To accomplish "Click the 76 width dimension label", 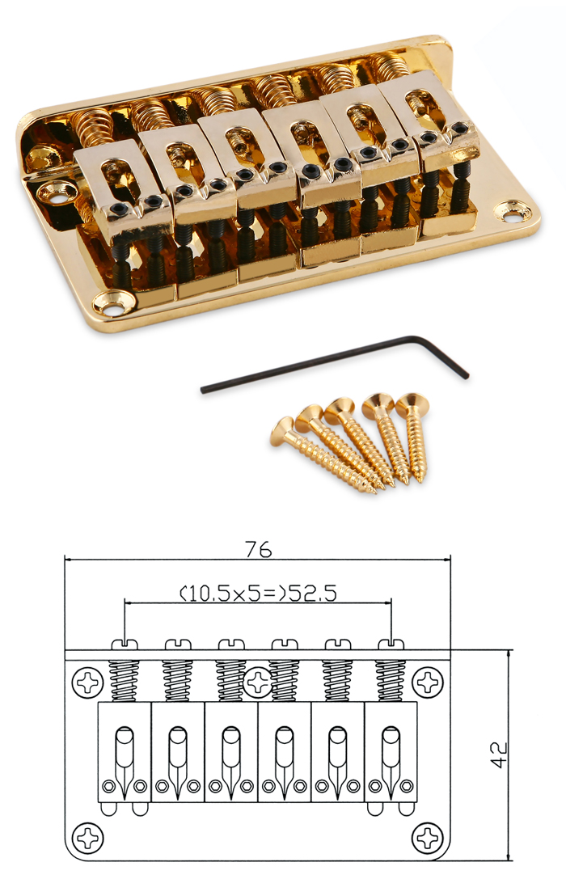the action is pyautogui.click(x=258, y=549).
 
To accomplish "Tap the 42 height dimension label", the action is pyautogui.click(x=498, y=754).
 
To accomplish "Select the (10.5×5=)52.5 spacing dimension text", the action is pyautogui.click(x=258, y=593).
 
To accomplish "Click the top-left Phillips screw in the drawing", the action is pyautogui.click(x=88, y=682).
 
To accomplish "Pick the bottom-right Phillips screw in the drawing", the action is pyautogui.click(x=428, y=839).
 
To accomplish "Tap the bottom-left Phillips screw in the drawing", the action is pyautogui.click(x=88, y=839).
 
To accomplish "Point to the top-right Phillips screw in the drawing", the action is pyautogui.click(x=428, y=682).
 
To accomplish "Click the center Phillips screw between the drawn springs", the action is pyautogui.click(x=258, y=681).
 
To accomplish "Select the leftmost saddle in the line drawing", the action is pyautogui.click(x=125, y=751).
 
